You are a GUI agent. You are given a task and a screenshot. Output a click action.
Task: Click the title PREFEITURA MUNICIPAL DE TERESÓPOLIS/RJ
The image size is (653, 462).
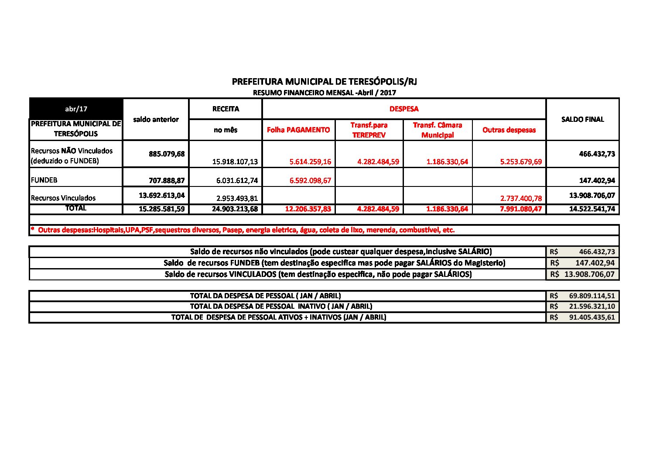click(325, 82)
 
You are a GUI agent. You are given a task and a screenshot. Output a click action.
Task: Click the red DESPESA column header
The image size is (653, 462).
click(403, 109)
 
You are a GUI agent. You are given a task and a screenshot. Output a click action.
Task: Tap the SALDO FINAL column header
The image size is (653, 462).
click(582, 119)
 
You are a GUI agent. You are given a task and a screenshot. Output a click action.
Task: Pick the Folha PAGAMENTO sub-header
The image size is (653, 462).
click(298, 130)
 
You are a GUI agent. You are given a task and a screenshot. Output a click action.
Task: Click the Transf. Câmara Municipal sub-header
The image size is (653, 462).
click(437, 130)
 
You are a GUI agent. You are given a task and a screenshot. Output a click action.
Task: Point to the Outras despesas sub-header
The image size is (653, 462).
click(509, 130)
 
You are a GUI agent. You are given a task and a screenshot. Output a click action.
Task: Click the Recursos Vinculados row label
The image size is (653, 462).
click(63, 198)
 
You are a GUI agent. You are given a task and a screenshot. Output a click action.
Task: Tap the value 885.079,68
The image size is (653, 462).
click(167, 154)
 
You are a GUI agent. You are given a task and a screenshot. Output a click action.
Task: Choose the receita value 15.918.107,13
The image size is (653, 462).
click(235, 162)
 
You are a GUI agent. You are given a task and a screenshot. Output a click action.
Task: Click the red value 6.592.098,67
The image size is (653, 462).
click(310, 180)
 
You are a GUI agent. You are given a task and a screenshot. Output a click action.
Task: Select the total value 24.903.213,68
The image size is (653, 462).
click(235, 209)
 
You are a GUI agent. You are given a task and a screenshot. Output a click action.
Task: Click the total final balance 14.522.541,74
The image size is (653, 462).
click(592, 209)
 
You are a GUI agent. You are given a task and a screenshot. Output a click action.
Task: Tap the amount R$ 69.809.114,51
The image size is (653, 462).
click(591, 296)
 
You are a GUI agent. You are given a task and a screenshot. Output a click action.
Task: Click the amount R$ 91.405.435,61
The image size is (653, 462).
click(591, 317)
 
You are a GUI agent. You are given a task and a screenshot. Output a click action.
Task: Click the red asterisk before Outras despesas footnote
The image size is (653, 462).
click(33, 229)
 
